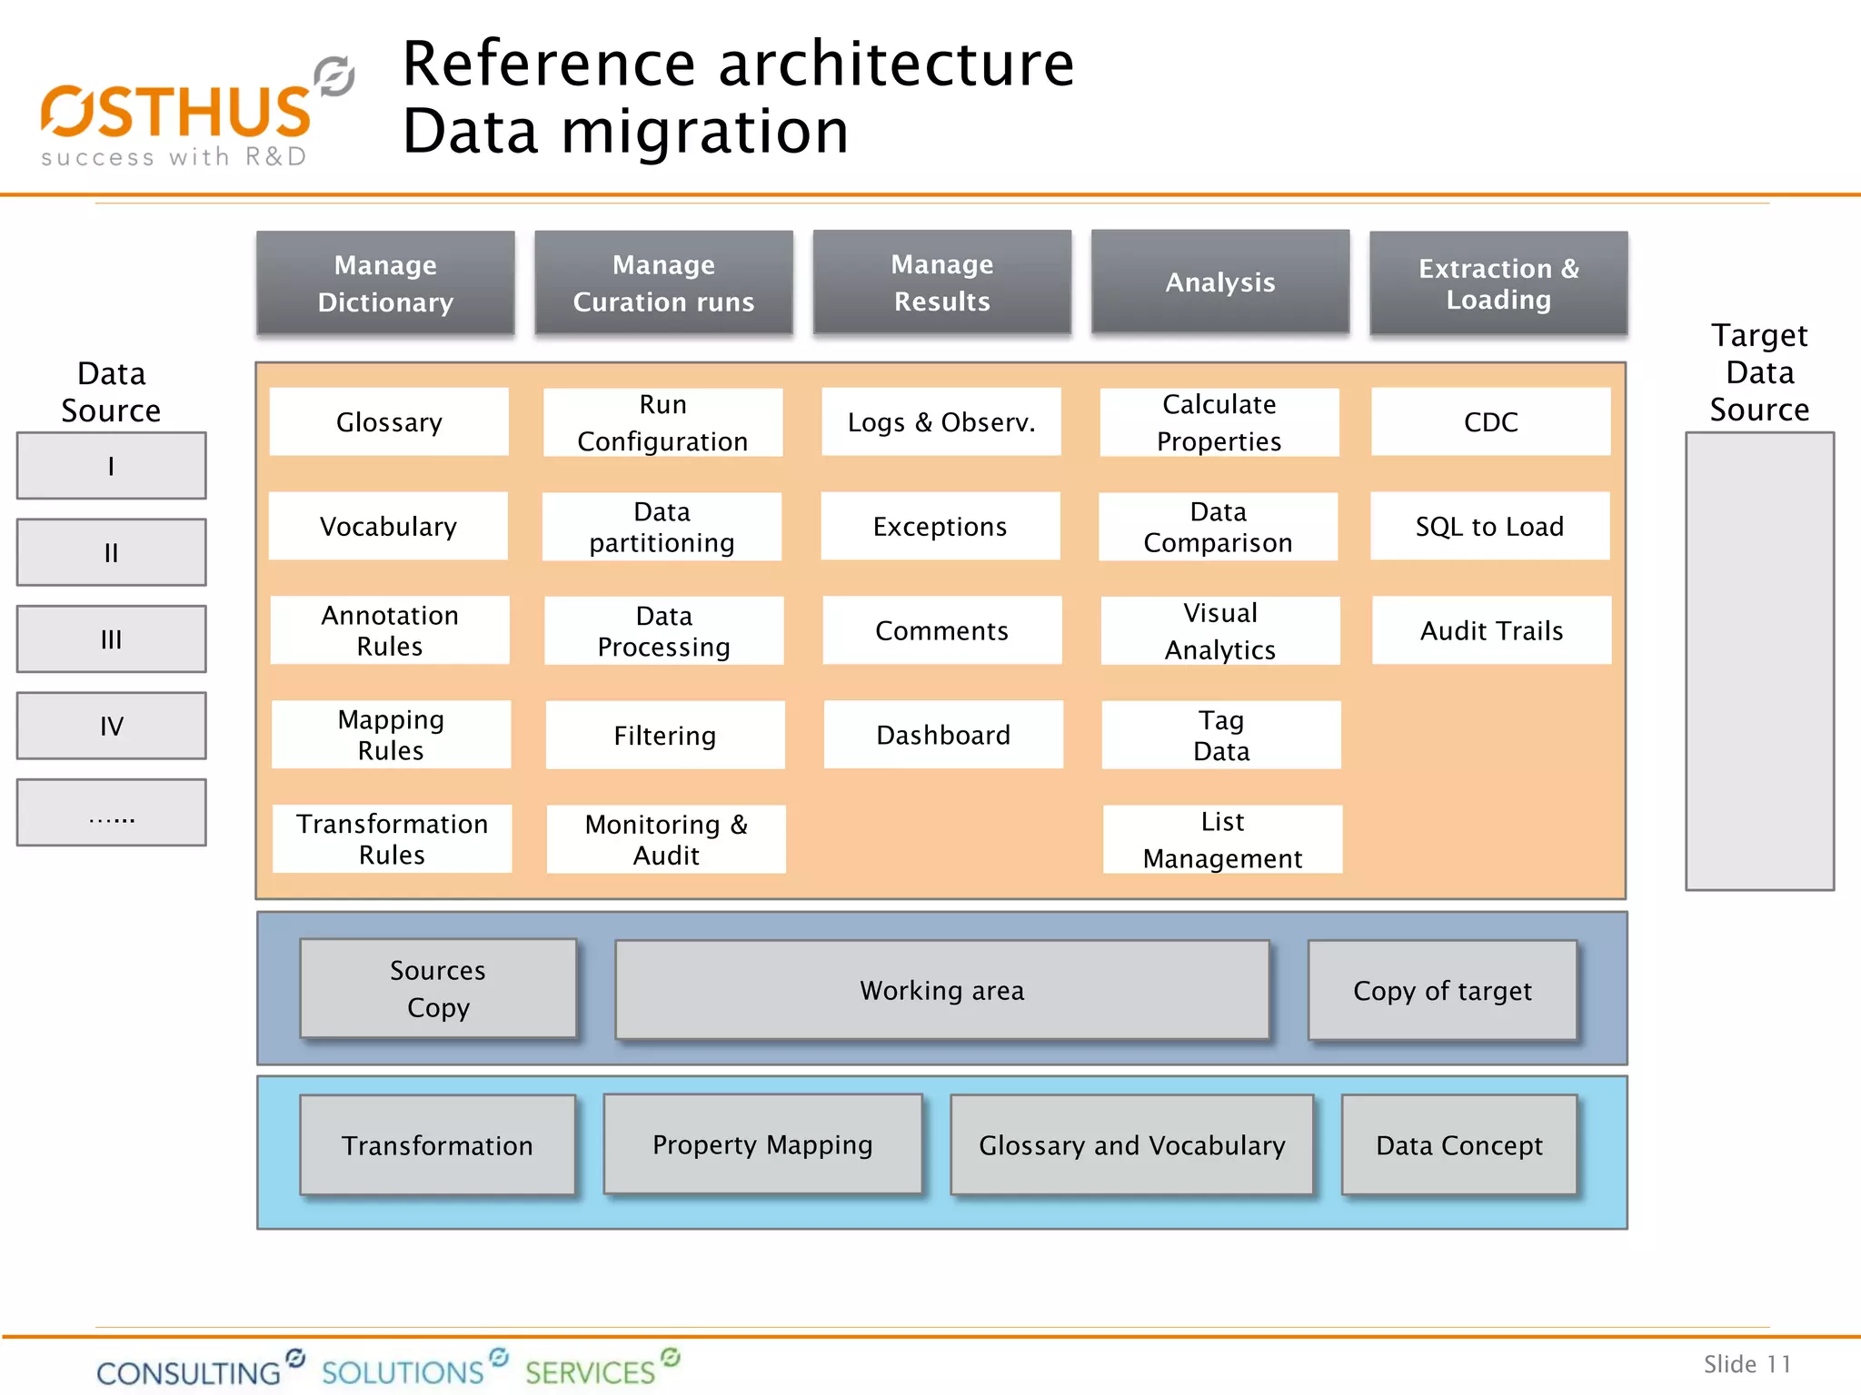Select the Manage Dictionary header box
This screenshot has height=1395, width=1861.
(385, 283)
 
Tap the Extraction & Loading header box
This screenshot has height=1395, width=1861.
(1498, 283)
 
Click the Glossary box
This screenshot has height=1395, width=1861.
(389, 422)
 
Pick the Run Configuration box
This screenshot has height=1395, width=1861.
(662, 422)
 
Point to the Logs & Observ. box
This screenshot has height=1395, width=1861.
(941, 422)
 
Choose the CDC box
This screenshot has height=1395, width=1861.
(1490, 422)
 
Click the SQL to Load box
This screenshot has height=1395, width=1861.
(1489, 527)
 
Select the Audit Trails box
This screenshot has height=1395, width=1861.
(1491, 630)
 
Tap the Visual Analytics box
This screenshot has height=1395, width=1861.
(1220, 630)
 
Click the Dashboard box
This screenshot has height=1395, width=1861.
(943, 735)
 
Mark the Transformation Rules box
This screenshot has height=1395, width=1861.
(392, 839)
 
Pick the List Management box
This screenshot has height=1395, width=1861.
(1222, 839)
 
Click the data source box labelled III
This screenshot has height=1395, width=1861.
(111, 639)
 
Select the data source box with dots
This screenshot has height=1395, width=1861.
(111, 813)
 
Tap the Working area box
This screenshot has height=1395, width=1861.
(941, 990)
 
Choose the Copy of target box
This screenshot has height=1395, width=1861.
(1442, 990)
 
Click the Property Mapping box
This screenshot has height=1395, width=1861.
(762, 1144)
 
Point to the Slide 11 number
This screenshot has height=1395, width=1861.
(1747, 1364)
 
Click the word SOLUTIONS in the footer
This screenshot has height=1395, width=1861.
(403, 1371)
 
